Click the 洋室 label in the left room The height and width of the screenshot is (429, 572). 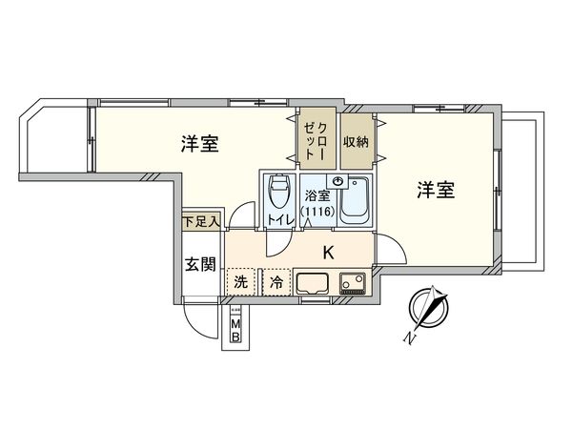[202, 145]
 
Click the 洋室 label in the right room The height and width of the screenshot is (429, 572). [434, 190]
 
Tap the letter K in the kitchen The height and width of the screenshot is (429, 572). [329, 254]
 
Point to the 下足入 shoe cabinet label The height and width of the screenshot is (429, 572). [201, 221]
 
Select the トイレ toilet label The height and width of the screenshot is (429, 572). [280, 220]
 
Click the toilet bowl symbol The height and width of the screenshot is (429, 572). [279, 194]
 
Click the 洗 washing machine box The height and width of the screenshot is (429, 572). [241, 282]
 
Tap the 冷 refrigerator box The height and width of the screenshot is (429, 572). [275, 282]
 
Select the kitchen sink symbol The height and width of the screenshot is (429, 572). [313, 282]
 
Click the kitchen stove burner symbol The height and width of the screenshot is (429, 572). [352, 282]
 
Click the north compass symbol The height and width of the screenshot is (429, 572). [428, 311]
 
